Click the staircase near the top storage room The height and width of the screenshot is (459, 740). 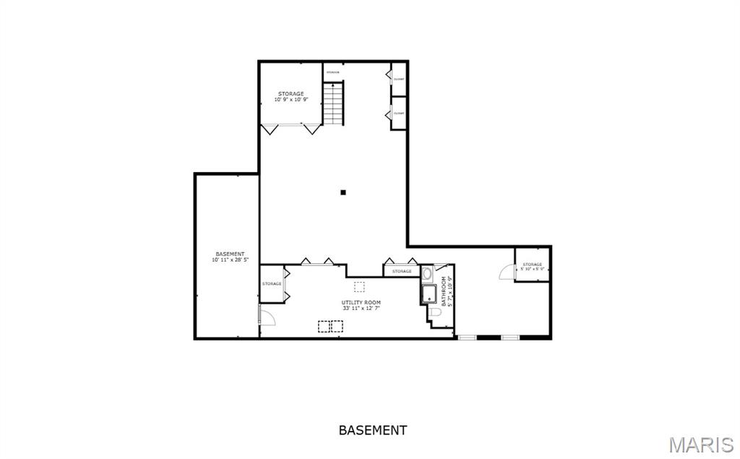point(333,103)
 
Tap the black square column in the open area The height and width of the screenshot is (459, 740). point(343,192)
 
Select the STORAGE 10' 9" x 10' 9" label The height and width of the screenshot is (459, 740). point(291,97)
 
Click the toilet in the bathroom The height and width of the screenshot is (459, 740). point(436,312)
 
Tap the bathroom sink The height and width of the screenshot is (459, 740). point(427,275)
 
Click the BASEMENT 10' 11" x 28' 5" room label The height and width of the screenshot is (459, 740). point(230,257)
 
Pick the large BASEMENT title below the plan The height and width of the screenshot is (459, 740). point(372,430)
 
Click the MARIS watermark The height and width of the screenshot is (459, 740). point(701,444)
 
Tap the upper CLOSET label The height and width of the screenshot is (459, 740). point(399,79)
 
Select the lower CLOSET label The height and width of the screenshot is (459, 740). point(399,113)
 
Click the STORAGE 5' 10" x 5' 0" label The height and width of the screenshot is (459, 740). point(533,267)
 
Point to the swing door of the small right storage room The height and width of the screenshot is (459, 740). point(507,272)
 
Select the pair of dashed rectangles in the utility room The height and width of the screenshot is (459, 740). point(330,327)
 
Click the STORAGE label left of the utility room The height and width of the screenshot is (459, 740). point(272,283)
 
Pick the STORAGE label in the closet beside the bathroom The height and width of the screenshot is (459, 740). point(402,271)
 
